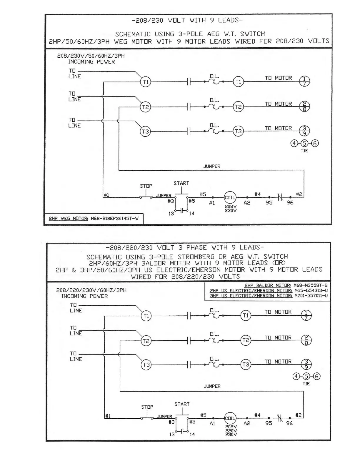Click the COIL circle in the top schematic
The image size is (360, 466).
click(230, 197)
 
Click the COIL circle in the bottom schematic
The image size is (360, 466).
click(230, 418)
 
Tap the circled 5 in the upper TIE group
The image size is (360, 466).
click(304, 143)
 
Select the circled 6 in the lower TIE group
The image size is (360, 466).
click(316, 376)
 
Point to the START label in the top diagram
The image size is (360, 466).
click(181, 183)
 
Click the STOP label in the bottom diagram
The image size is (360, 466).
click(147, 407)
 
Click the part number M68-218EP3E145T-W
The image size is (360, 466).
click(115, 219)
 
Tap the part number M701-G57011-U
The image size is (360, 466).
click(311, 296)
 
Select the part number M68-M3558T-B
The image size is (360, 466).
click(310, 285)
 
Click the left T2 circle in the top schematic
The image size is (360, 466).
click(145, 107)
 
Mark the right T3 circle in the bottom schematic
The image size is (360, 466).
click(246, 365)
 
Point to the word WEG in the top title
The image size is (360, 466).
click(120, 41)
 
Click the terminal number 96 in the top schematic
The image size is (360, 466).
click(290, 203)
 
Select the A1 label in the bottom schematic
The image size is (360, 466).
click(212, 423)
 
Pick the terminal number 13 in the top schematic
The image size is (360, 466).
click(171, 214)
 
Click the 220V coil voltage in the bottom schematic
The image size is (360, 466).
click(231, 431)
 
